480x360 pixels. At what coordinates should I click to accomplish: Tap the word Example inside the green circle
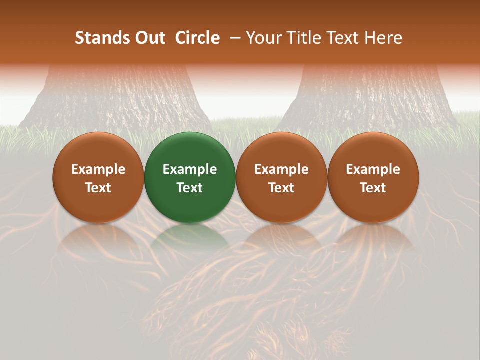[190, 169]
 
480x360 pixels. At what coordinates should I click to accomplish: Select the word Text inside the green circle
[190, 188]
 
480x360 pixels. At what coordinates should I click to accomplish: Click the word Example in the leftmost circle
[98, 169]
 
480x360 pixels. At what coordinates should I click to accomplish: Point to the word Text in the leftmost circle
[98, 188]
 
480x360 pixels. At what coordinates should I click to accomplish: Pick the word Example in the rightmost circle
[373, 169]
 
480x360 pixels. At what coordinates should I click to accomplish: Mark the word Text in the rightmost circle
[373, 188]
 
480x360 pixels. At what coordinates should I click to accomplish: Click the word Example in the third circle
[281, 169]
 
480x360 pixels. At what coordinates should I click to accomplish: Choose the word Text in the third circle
[281, 188]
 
